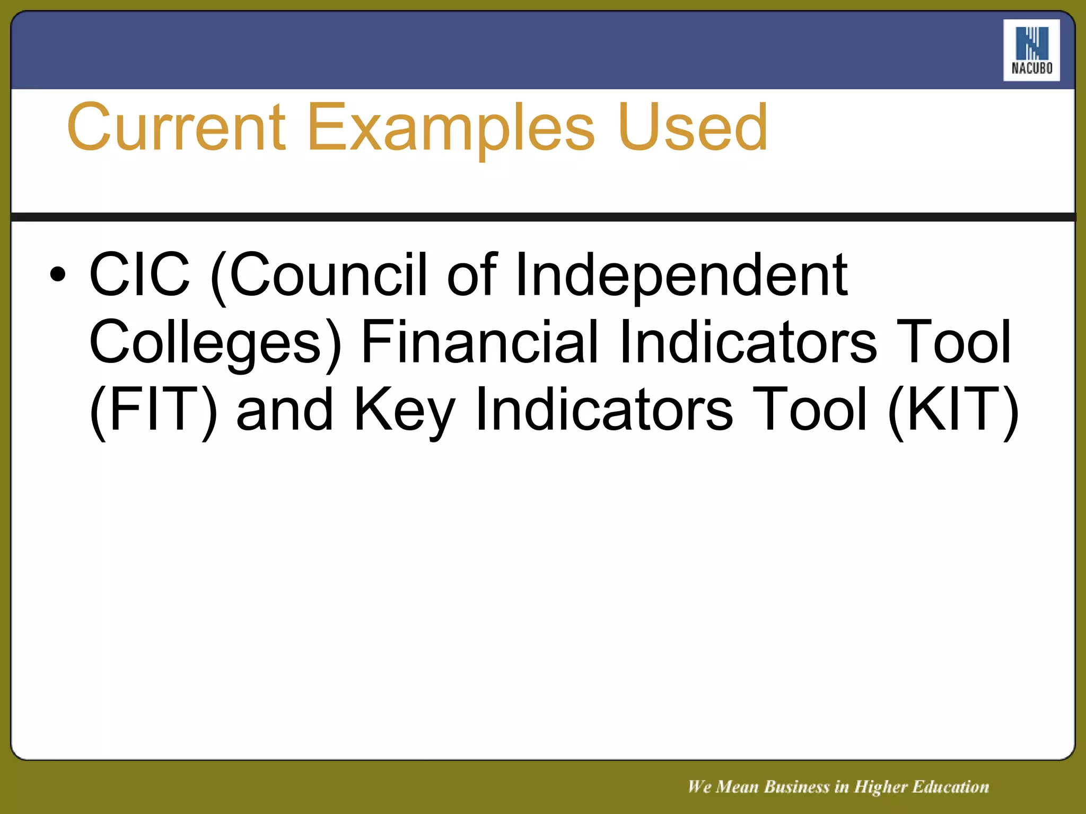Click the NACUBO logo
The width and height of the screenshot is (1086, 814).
[x=1031, y=50]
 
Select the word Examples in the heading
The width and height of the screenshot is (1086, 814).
[x=451, y=128]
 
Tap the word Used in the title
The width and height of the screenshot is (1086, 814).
[x=693, y=128]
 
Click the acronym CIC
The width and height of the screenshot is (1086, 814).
[x=139, y=275]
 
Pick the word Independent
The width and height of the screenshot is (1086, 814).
[x=681, y=275]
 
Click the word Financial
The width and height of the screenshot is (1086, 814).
[x=480, y=341]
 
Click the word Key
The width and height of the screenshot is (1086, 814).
[x=405, y=409]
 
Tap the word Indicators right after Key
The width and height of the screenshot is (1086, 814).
[x=605, y=409]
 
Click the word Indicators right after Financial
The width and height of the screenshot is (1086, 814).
[x=748, y=341]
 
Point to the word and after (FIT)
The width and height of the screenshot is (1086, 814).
[x=285, y=410]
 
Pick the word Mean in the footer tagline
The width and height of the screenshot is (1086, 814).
[x=737, y=787]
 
